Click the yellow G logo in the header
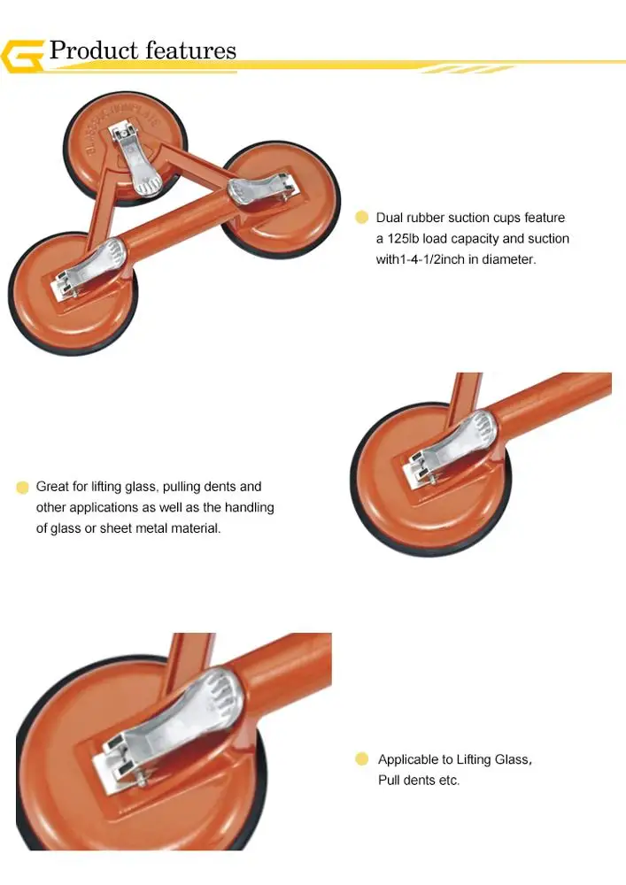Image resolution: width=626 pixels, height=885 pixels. (22, 56)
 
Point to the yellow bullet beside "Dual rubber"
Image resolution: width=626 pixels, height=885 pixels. (361, 218)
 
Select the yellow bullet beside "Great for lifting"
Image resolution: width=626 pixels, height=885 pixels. (22, 487)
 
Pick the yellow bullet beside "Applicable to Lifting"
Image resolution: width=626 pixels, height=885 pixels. (361, 759)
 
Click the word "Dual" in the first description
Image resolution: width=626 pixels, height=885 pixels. (390, 218)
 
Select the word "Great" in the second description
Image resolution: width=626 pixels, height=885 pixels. (52, 487)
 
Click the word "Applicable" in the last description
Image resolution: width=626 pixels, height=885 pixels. (407, 759)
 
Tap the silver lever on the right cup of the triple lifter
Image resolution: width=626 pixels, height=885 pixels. (261, 188)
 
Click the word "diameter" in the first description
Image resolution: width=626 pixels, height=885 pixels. (508, 260)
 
